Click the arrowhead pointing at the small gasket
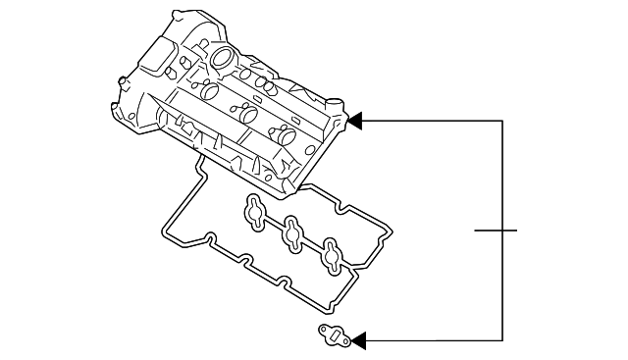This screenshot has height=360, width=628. (x=358, y=340)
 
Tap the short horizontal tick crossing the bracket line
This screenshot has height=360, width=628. (x=495, y=231)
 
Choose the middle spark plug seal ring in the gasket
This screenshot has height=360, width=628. (x=292, y=235)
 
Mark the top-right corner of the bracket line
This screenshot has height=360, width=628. (x=502, y=122)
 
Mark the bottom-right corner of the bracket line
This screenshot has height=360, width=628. (x=502, y=340)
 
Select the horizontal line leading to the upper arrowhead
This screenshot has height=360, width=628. (x=432, y=122)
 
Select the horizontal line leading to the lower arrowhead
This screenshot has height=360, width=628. (x=432, y=340)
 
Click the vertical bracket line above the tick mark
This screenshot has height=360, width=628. (x=502, y=177)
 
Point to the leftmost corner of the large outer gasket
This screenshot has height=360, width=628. (x=163, y=233)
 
